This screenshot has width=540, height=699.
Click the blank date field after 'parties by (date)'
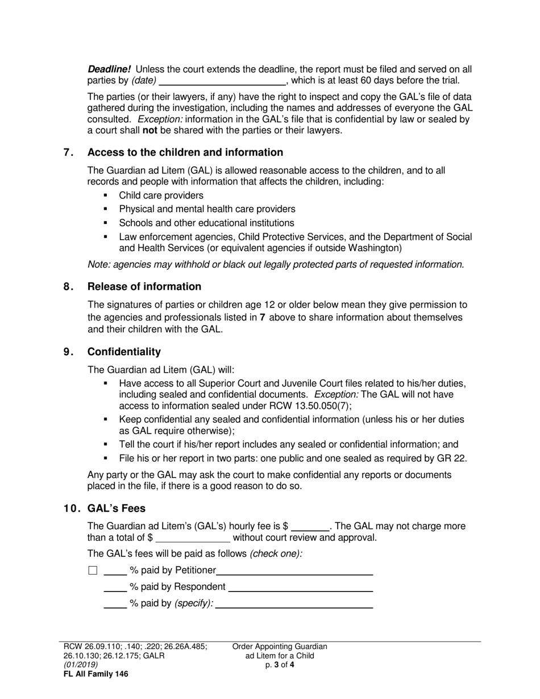(223, 80)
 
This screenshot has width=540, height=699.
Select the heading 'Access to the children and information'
(185, 152)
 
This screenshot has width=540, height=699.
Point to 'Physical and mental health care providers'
(207, 209)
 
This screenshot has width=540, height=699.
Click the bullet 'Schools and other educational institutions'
(206, 223)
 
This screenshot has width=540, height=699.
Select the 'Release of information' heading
(144, 286)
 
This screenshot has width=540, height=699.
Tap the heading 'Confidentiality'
(124, 352)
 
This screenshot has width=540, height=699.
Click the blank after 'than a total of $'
(193, 538)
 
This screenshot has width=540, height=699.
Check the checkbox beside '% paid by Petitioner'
(93, 571)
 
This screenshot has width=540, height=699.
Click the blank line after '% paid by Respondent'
(300, 587)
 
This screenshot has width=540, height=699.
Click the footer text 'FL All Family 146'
(95, 674)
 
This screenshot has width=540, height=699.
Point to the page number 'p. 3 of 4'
(280, 664)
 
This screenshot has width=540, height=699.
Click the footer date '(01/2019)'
(81, 664)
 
